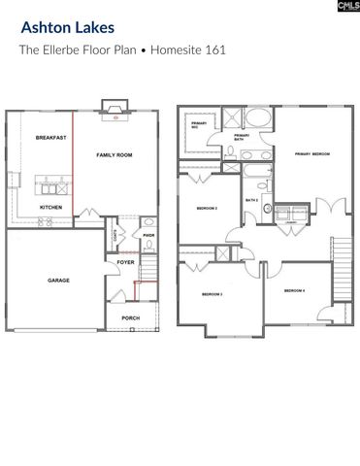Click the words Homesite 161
coord(190,50)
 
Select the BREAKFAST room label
coord(50,139)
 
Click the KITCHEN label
coord(50,208)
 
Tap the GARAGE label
coord(58,280)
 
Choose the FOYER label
coord(126,262)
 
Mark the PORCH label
coord(130,317)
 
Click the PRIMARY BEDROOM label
coord(310,153)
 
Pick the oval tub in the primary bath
coord(256,120)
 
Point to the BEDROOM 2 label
coord(207,209)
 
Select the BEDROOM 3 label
coord(213,294)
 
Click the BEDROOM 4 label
coord(295,291)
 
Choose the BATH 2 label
coord(250,201)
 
